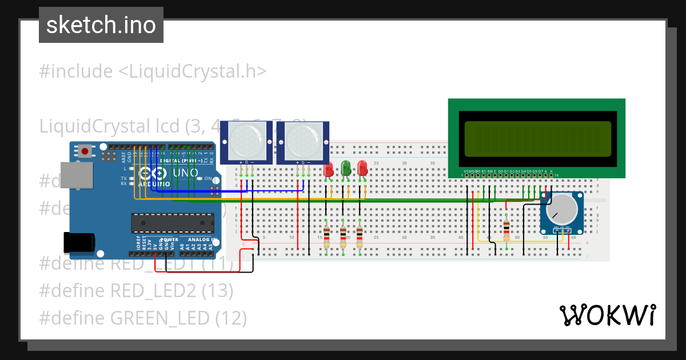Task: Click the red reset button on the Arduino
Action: click(x=85, y=151)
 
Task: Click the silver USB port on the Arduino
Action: click(x=77, y=175)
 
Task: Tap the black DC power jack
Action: click(x=79, y=243)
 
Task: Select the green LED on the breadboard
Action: click(x=346, y=169)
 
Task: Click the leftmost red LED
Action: click(x=328, y=170)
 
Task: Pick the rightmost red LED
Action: click(x=362, y=169)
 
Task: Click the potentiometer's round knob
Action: click(x=561, y=209)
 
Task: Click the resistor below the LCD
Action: click(x=506, y=231)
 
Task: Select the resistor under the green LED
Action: click(x=343, y=236)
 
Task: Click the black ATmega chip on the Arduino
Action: click(x=173, y=223)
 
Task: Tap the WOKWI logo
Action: click(x=607, y=315)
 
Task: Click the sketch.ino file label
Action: click(x=101, y=25)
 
